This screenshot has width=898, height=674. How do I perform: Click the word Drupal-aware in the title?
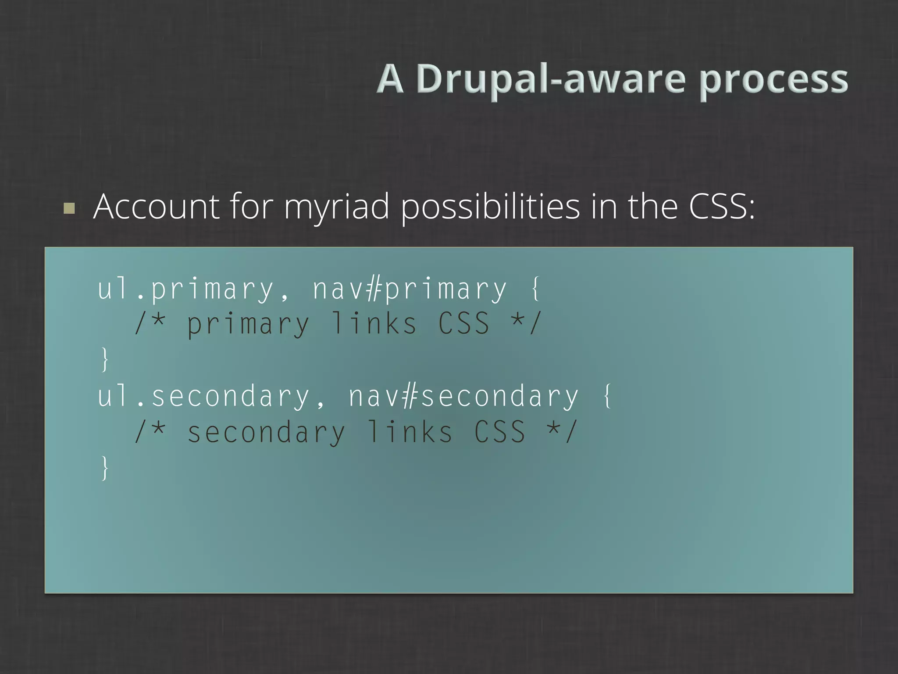pos(551,79)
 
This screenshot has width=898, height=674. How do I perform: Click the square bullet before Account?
pos(69,208)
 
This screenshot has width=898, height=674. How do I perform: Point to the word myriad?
pos(336,207)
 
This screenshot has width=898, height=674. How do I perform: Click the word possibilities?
pos(490,207)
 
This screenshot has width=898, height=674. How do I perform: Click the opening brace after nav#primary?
pos(536,289)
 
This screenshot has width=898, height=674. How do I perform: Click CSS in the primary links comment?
pos(464,324)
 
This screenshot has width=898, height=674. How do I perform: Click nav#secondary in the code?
pos(463,396)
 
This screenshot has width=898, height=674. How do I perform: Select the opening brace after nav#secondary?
pos(608,396)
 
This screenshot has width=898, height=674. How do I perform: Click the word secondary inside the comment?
pos(266,432)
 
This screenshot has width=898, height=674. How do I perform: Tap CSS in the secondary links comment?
pos(500,432)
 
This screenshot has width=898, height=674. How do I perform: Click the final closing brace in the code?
pos(104,468)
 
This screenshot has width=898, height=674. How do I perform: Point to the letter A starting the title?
pos(390,79)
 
